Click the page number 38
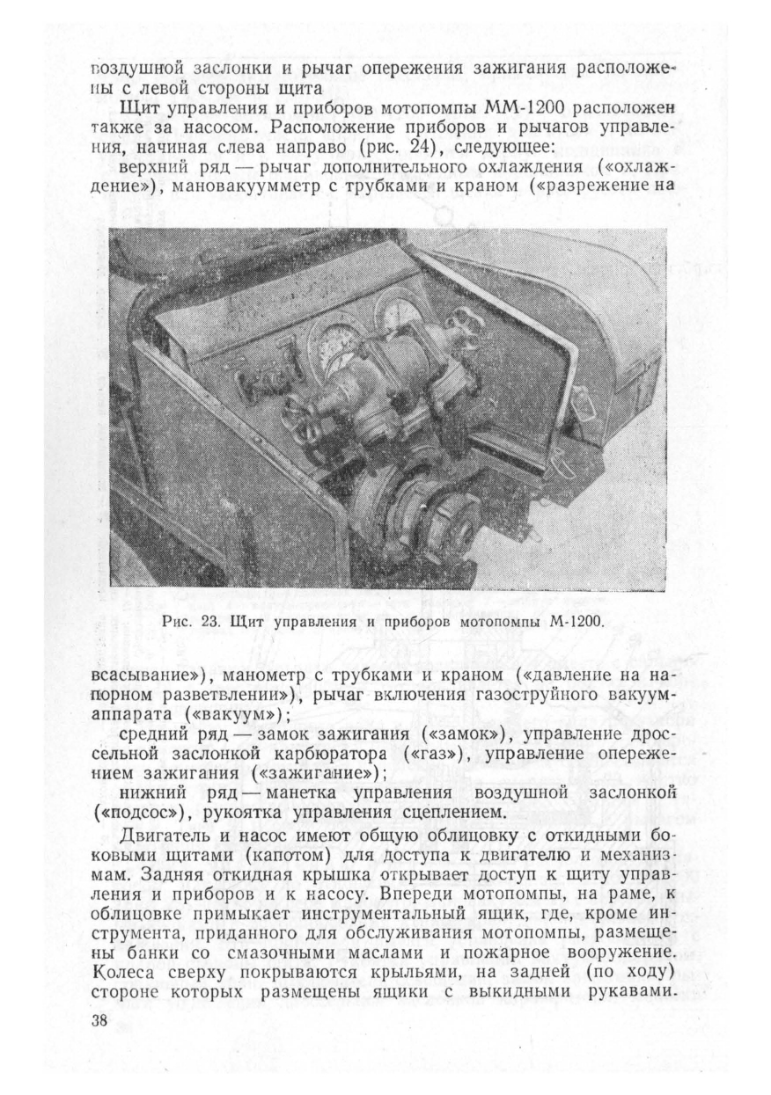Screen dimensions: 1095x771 coord(98,1020)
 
